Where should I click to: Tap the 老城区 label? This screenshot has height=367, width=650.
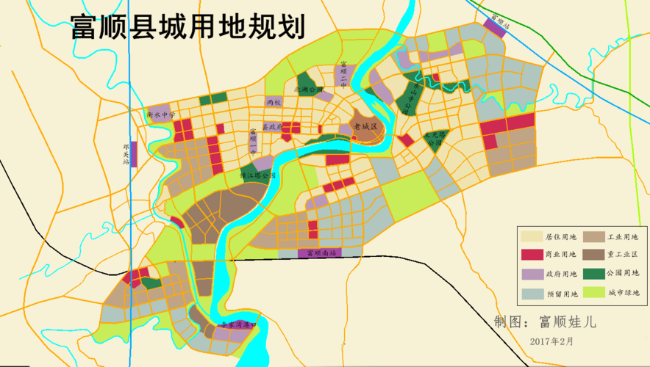click(x=365, y=127)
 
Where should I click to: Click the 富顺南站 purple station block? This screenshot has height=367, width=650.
click(x=321, y=253)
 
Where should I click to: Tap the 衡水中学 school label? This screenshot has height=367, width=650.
click(x=161, y=115)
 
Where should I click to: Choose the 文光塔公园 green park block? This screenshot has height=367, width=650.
click(x=435, y=139)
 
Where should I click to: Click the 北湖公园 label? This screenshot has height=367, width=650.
click(x=308, y=89)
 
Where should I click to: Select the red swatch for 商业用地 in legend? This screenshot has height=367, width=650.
click(x=532, y=255)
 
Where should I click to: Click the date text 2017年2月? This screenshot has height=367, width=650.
click(x=551, y=341)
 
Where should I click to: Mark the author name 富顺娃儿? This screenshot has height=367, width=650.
click(x=568, y=321)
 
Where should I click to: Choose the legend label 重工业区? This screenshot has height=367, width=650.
click(x=624, y=255)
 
